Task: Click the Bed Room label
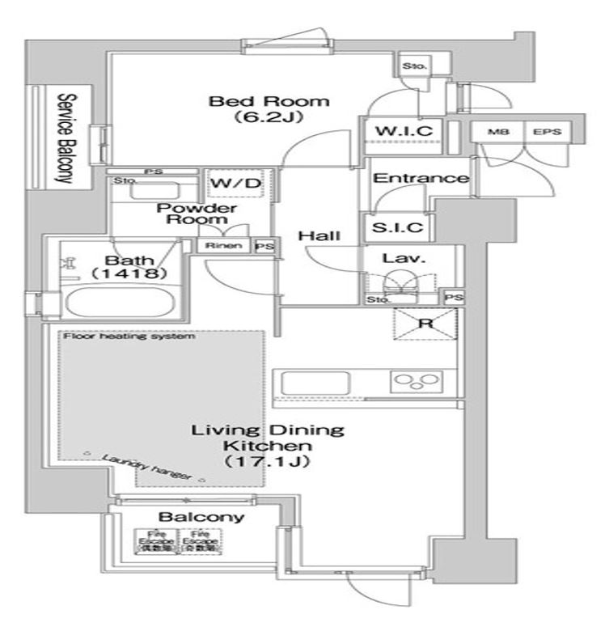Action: (x=258, y=102)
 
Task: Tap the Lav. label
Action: (x=396, y=260)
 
